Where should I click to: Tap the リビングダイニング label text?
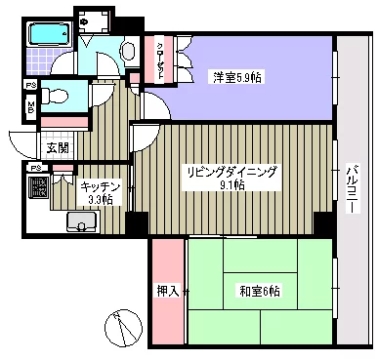point(232,171)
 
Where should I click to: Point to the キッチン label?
point(101,184)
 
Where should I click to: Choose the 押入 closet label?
point(167,290)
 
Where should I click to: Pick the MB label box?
point(30,106)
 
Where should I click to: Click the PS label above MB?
point(30,85)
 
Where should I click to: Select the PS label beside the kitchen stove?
point(36,168)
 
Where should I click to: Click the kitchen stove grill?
point(38,188)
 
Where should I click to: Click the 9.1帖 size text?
point(232,184)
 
